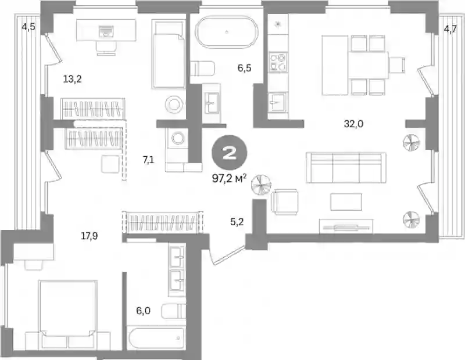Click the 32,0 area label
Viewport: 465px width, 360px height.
tap(353, 124)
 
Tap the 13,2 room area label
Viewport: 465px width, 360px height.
tap(72, 79)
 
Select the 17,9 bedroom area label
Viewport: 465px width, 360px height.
tap(90, 236)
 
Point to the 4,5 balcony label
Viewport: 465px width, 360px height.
tap(28, 27)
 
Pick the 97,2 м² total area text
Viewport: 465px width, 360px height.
tap(229, 178)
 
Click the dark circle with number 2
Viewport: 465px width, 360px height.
tap(229, 152)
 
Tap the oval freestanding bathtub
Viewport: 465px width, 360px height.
tap(227, 31)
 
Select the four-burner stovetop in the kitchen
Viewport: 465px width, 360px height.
tap(278, 62)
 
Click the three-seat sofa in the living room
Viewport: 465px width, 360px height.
tap(346, 168)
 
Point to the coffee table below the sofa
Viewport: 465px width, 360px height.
tap(346, 201)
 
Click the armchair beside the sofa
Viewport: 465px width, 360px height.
tap(284, 201)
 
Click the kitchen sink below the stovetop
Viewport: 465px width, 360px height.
tap(277, 102)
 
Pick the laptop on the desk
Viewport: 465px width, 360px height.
tap(106, 31)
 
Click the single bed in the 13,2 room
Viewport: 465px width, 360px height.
tap(169, 53)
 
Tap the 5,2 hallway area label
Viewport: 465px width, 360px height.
tap(237, 221)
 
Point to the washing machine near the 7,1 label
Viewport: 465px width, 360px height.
tap(177, 138)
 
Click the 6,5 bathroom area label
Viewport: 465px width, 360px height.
tap(244, 68)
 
